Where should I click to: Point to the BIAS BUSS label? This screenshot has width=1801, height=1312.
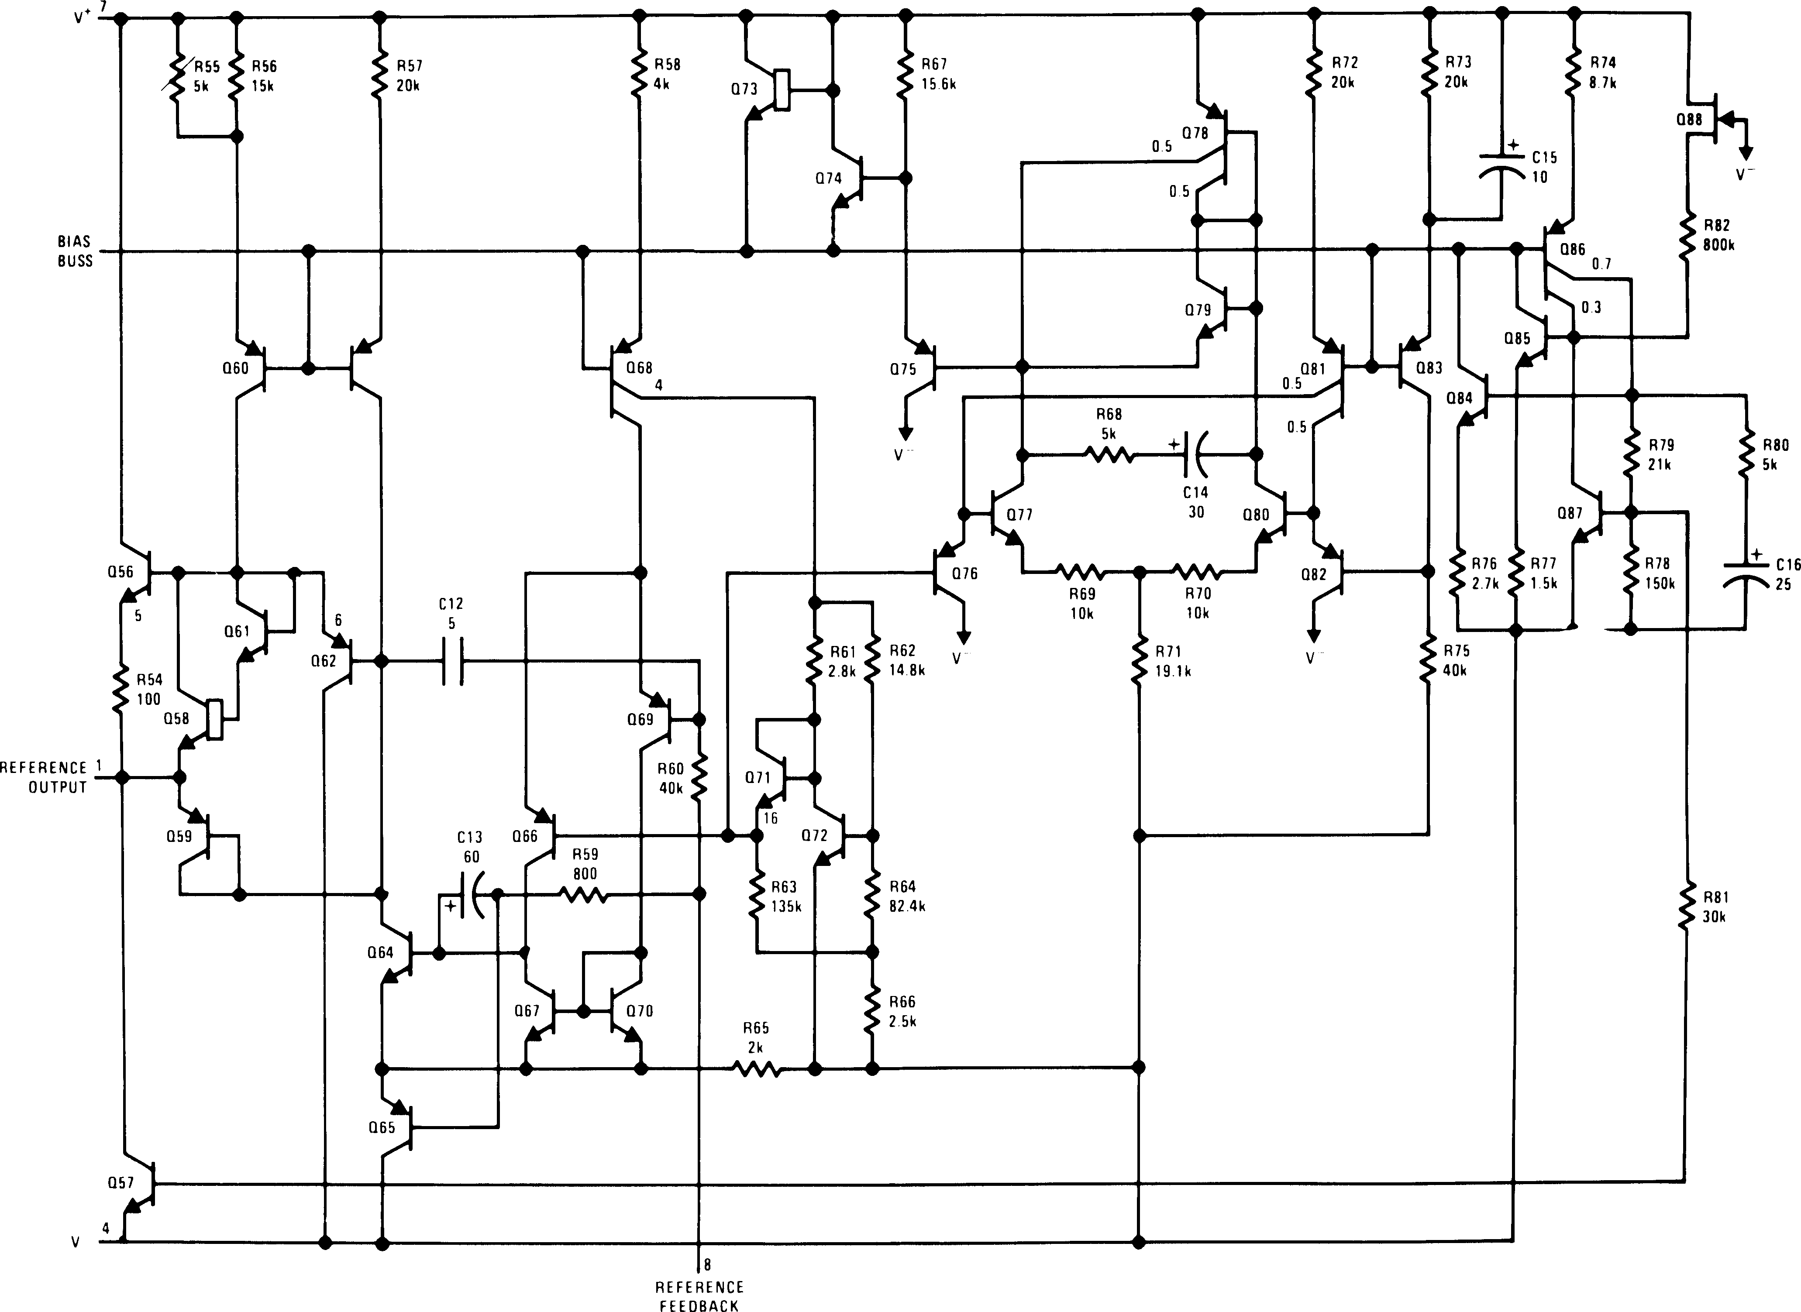coord(75,251)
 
